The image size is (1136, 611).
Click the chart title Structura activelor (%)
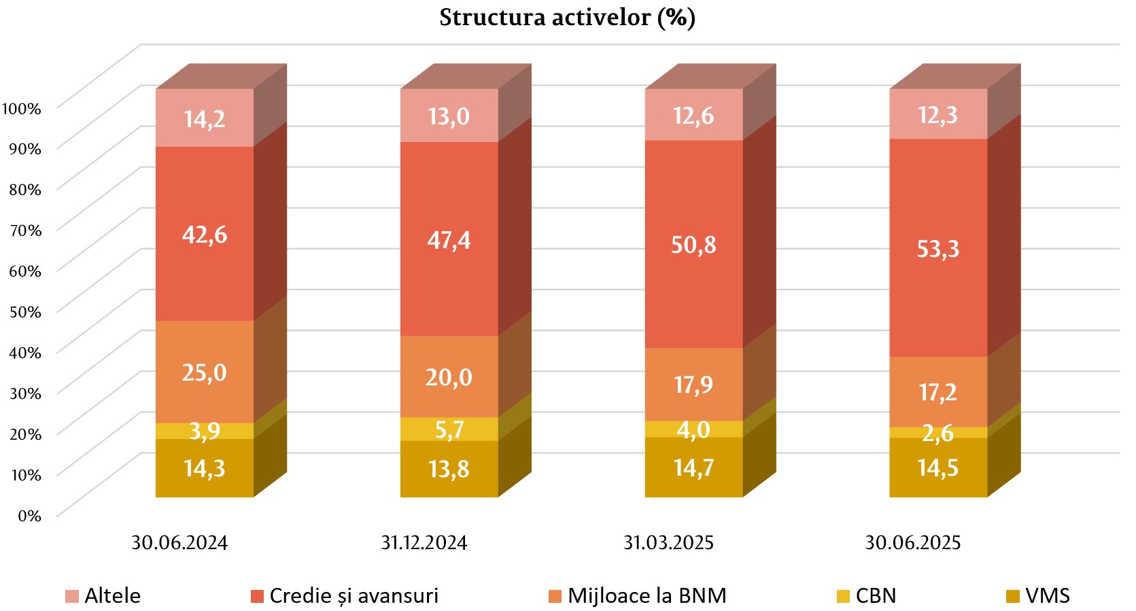(x=567, y=18)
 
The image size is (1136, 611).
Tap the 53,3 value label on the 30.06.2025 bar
(x=937, y=249)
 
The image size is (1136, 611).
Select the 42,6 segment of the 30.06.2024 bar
(x=205, y=234)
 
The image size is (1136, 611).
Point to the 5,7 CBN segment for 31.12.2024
(x=449, y=430)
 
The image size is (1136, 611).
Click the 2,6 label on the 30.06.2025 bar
(x=937, y=433)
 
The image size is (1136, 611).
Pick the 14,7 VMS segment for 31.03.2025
(x=693, y=468)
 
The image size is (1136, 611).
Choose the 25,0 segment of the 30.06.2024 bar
(x=205, y=372)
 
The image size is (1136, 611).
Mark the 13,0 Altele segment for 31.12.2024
(x=449, y=116)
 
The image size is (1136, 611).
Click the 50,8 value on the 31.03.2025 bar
(x=693, y=245)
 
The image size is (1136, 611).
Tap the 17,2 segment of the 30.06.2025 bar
(x=937, y=392)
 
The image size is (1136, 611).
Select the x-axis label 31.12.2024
(x=424, y=543)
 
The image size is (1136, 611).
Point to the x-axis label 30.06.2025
(x=912, y=543)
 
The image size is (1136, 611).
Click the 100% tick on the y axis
(x=22, y=108)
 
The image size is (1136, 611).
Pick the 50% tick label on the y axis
(x=25, y=312)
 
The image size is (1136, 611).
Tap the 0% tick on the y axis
(x=29, y=516)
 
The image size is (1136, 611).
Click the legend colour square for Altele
(x=72, y=597)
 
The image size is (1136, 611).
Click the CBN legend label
(x=876, y=596)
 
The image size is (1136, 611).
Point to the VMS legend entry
(x=1047, y=596)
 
